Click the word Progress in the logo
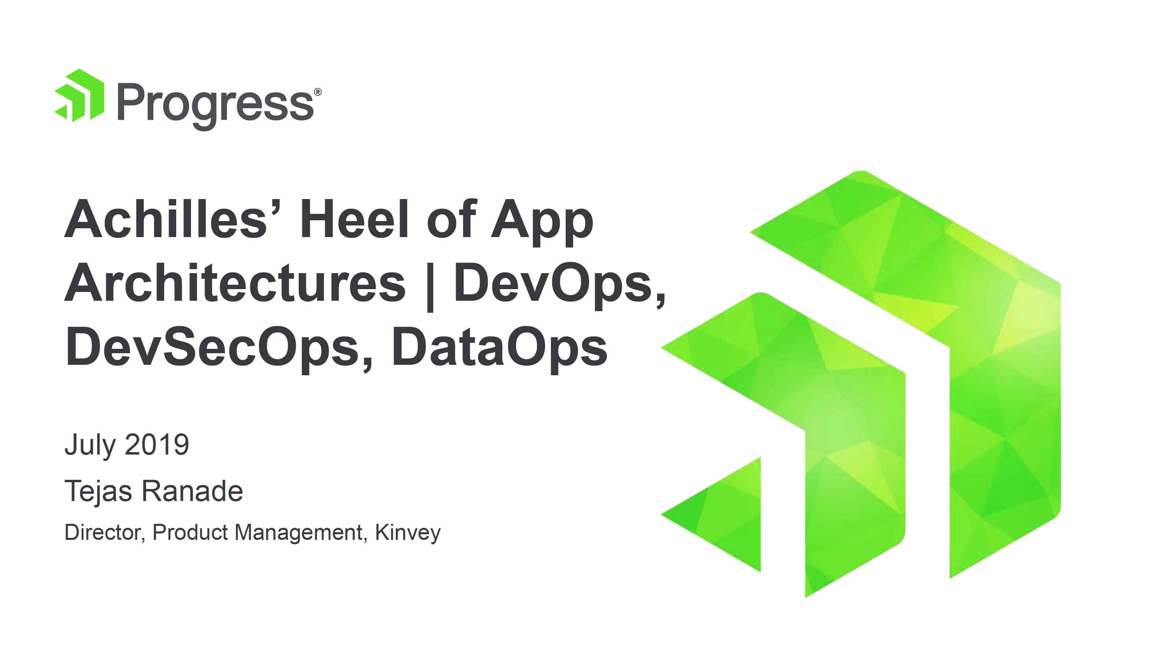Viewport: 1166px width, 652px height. (215, 107)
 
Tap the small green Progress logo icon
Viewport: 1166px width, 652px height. (79, 96)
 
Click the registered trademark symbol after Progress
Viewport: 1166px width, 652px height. (318, 92)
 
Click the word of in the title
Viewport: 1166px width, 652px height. (451, 219)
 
